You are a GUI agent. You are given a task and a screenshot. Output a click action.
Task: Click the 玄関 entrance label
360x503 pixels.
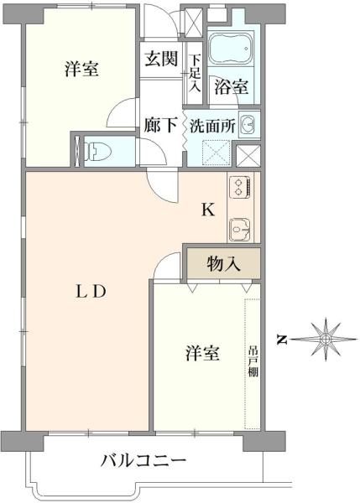tap(161, 59)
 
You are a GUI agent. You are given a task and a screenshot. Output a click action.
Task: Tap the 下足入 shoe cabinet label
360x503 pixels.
tap(194, 74)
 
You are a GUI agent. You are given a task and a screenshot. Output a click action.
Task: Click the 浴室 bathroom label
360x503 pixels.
tap(232, 86)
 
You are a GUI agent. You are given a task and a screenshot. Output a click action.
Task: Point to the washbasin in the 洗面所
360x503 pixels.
tap(249, 124)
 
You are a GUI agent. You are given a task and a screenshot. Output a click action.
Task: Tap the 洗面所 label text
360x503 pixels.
tap(212, 126)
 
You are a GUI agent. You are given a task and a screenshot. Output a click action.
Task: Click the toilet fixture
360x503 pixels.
tap(97, 151)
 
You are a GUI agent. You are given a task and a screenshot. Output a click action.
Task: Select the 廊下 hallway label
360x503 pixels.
tap(160, 125)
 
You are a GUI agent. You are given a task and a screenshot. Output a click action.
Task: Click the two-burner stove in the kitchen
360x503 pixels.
tap(241, 187)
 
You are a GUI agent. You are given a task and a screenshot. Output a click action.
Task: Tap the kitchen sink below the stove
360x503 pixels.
tap(240, 231)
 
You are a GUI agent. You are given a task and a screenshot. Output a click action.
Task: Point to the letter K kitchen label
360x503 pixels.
tap(208, 210)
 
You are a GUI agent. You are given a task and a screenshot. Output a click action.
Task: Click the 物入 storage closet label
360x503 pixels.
tap(223, 264)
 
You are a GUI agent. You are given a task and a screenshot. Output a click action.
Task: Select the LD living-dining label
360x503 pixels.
tap(91, 292)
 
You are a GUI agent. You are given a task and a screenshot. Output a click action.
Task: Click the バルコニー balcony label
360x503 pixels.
tap(143, 461)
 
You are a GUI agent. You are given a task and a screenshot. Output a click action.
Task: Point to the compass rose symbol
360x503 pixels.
tap(326, 339)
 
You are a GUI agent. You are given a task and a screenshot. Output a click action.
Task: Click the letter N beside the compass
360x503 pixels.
tap(282, 339)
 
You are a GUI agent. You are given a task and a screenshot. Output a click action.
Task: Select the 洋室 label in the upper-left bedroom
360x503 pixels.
tap(82, 69)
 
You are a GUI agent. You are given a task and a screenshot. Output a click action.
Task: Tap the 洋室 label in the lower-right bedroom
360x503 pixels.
tap(202, 353)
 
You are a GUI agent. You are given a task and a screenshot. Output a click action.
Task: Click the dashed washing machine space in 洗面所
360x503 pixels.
tap(217, 153)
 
